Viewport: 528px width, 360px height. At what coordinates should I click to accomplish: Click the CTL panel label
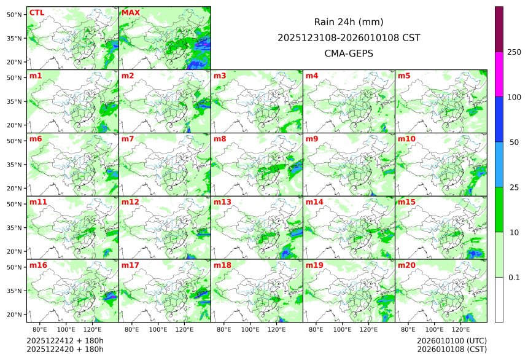(37, 12)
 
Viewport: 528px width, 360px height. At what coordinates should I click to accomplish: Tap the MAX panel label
(131, 12)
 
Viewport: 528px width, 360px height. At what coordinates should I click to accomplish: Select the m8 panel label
(220, 139)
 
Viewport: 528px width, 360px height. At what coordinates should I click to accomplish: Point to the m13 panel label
(222, 202)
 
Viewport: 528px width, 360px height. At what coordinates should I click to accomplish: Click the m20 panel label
(406, 265)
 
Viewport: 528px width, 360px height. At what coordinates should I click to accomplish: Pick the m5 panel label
(404, 76)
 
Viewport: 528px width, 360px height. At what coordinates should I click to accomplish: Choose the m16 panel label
(38, 265)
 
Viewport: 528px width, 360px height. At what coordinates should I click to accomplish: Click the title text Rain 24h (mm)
(349, 22)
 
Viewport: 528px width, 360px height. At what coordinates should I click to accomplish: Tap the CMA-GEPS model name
(349, 53)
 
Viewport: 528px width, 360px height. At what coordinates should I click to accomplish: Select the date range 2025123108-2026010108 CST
(349, 37)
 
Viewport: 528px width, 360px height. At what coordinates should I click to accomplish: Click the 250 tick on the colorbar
(514, 52)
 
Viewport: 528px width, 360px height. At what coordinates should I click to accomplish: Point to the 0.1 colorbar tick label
(514, 277)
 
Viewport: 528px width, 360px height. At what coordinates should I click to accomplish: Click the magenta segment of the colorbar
(499, 74)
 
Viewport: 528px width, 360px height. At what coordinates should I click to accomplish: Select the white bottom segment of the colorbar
(499, 299)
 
